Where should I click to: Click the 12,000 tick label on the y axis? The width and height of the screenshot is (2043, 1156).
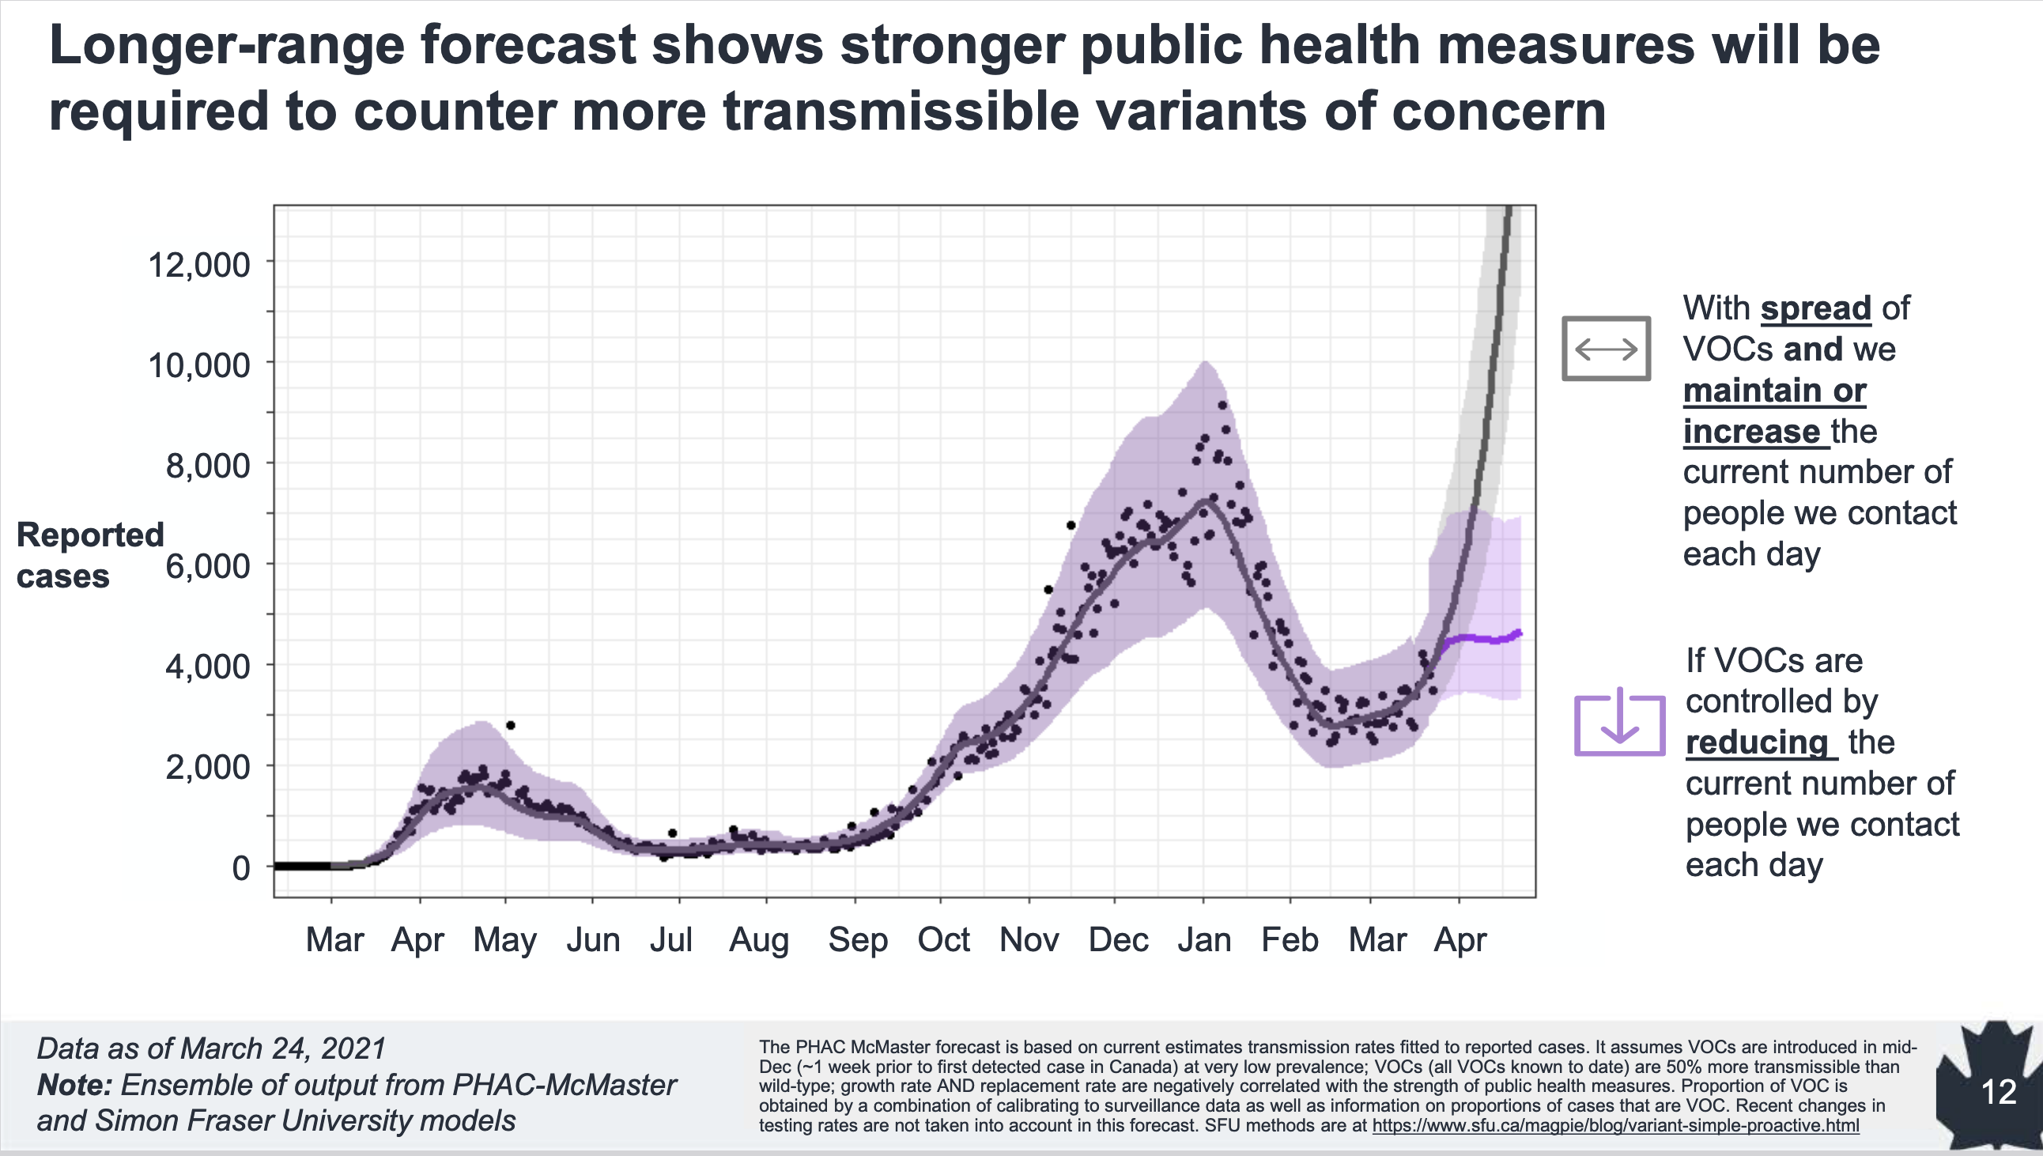[x=198, y=264]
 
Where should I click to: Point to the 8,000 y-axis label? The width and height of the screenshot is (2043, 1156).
[x=207, y=466]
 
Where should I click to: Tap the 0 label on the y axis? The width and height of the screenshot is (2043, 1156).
[x=240, y=868]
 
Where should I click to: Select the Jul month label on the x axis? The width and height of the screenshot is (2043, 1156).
[x=671, y=940]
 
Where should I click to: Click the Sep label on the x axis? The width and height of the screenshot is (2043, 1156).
[x=857, y=940]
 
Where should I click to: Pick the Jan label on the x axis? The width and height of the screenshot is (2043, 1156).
[x=1203, y=940]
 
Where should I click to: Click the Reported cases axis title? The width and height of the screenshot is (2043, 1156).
[x=89, y=555]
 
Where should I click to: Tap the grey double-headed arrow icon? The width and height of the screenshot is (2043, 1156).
[x=1606, y=349]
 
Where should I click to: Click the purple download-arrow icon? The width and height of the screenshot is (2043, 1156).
[x=1619, y=723]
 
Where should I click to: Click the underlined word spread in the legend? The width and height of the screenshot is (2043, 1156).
[x=1815, y=308]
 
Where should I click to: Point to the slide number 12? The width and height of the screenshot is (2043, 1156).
[x=1999, y=1092]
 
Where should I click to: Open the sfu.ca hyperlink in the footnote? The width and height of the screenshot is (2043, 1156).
[x=1615, y=1125]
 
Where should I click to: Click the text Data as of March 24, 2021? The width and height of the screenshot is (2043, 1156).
[x=211, y=1048]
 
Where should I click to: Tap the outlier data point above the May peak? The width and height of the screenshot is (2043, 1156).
[x=510, y=725]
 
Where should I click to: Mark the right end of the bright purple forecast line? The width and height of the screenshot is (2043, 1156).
[x=1518, y=633]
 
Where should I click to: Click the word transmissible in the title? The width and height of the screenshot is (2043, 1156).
[x=901, y=111]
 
